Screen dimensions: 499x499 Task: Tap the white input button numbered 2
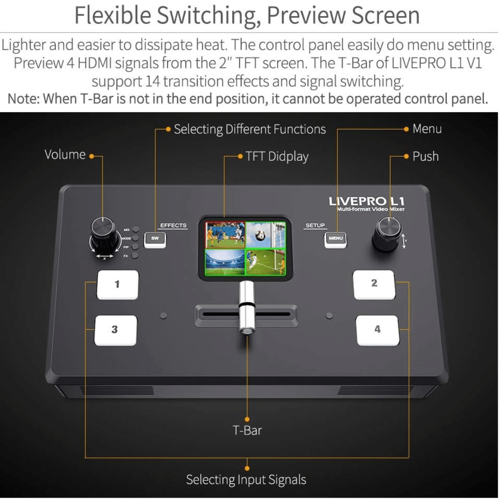(x=374, y=284)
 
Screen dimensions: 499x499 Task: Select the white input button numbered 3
(x=116, y=330)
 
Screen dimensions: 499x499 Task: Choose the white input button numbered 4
(x=377, y=330)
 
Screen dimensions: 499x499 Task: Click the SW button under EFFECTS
(x=155, y=240)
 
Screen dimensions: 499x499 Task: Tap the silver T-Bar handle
(x=247, y=307)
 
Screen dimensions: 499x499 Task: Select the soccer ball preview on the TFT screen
(x=266, y=235)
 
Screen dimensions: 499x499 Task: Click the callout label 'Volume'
(x=65, y=155)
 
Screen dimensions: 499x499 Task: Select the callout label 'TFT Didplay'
(x=277, y=157)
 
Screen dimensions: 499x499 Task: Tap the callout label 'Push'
(x=426, y=156)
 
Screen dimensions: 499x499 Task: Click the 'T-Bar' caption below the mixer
(x=247, y=430)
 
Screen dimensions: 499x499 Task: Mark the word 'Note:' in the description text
(x=23, y=99)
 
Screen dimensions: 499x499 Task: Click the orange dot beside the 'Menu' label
(x=406, y=129)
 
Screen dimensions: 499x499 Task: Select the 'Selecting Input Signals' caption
(x=246, y=480)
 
